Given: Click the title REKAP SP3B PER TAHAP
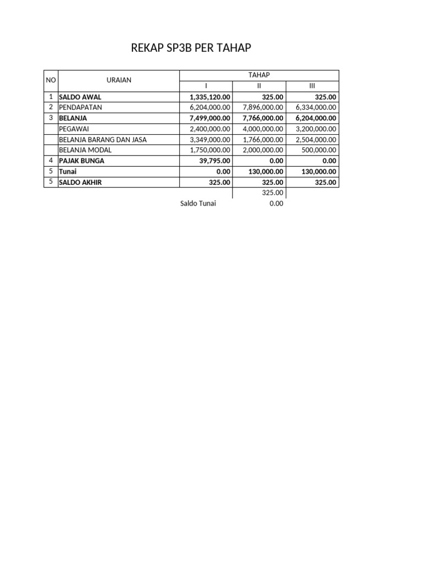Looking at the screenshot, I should coord(191,48).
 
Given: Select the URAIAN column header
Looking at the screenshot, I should coord(119,80).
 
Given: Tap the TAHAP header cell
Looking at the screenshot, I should coord(259,75).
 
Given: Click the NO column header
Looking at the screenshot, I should coord(51,80).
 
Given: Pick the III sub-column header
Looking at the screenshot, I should coord(313,86).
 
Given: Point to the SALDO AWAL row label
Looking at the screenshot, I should coord(80,97).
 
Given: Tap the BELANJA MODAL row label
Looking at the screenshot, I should coord(85,150).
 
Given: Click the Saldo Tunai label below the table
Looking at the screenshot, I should coord(198,203).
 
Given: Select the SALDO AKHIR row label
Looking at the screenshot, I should coord(81,182).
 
